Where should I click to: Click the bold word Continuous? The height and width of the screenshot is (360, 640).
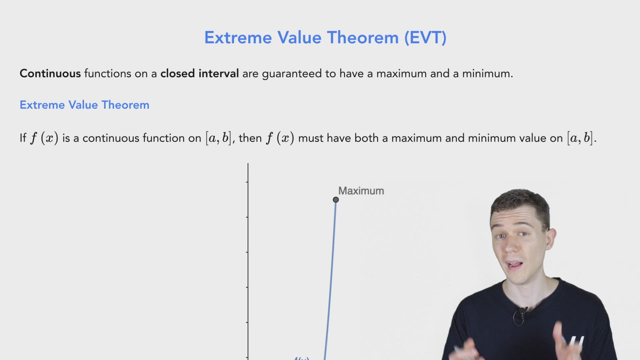pos(50,73)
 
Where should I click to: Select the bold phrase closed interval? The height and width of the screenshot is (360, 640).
pos(199,73)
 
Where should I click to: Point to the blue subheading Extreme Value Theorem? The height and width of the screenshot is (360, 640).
pos(84,105)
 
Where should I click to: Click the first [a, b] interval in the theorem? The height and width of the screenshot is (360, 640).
pos(218,138)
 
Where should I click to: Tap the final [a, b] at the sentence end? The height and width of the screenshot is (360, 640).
pos(580,138)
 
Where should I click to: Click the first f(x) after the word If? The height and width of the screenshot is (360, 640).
pos(44,138)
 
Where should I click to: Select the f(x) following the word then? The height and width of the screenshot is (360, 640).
pos(280,138)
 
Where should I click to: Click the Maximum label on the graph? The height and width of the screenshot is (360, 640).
pos(361,191)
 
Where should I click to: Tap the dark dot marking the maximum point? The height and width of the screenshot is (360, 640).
pos(336,200)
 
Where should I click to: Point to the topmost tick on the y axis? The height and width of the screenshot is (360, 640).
pos(247,182)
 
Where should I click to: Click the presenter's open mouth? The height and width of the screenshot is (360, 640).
pos(515,265)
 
